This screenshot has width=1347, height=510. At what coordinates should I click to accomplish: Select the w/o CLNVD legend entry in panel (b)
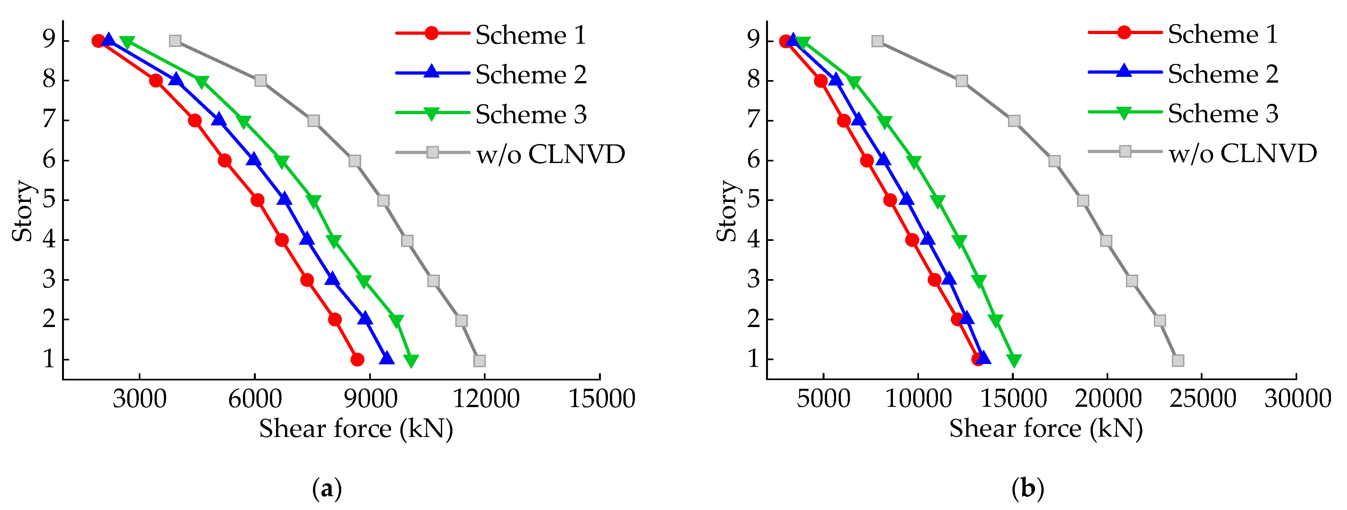click(x=1243, y=153)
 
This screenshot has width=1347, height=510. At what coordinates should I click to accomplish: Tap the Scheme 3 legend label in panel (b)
click(x=1223, y=114)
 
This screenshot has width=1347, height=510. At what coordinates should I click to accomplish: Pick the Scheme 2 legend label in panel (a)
click(x=531, y=75)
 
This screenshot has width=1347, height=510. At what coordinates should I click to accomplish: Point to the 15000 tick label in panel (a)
click(x=601, y=399)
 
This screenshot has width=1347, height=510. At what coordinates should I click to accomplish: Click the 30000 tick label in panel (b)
click(x=1297, y=399)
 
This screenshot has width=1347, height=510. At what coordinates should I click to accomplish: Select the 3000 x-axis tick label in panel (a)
click(x=139, y=399)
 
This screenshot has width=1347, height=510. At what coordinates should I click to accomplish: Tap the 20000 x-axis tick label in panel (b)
click(x=1108, y=399)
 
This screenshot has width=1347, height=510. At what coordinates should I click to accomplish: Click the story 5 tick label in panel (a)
click(x=49, y=200)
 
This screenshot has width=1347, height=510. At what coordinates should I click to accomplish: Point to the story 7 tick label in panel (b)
click(x=754, y=120)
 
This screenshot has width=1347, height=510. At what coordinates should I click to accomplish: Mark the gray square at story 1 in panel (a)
click(x=479, y=360)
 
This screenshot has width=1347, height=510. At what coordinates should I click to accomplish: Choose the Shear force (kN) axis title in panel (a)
click(x=356, y=429)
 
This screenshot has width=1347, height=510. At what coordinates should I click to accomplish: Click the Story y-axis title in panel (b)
click(x=726, y=211)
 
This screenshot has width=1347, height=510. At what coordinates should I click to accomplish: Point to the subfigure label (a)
click(x=327, y=489)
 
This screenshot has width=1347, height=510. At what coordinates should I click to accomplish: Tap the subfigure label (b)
click(x=1028, y=489)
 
